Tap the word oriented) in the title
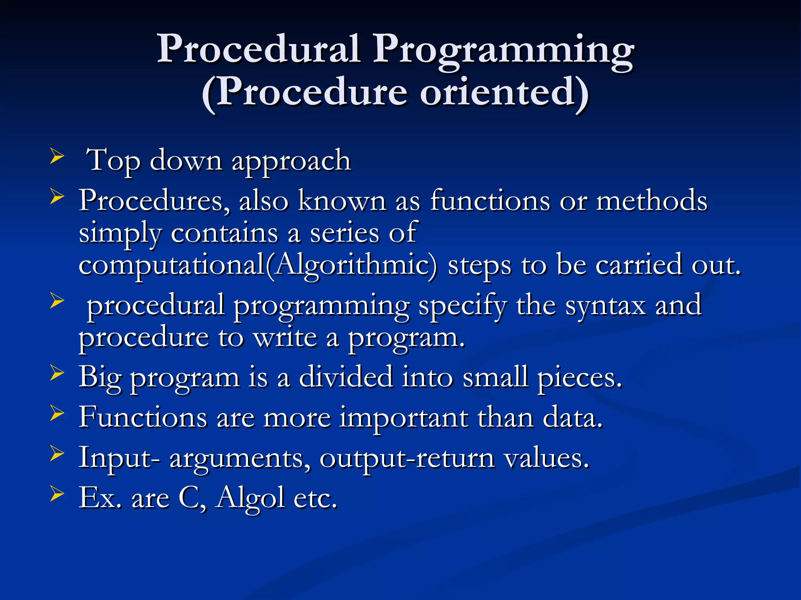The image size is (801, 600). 504,93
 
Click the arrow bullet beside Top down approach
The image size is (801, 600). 57,157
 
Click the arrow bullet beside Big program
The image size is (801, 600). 57,373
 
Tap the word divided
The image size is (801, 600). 346,377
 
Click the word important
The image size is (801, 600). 404,418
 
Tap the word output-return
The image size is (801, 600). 407,459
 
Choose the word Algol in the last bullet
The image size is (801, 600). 250,499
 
